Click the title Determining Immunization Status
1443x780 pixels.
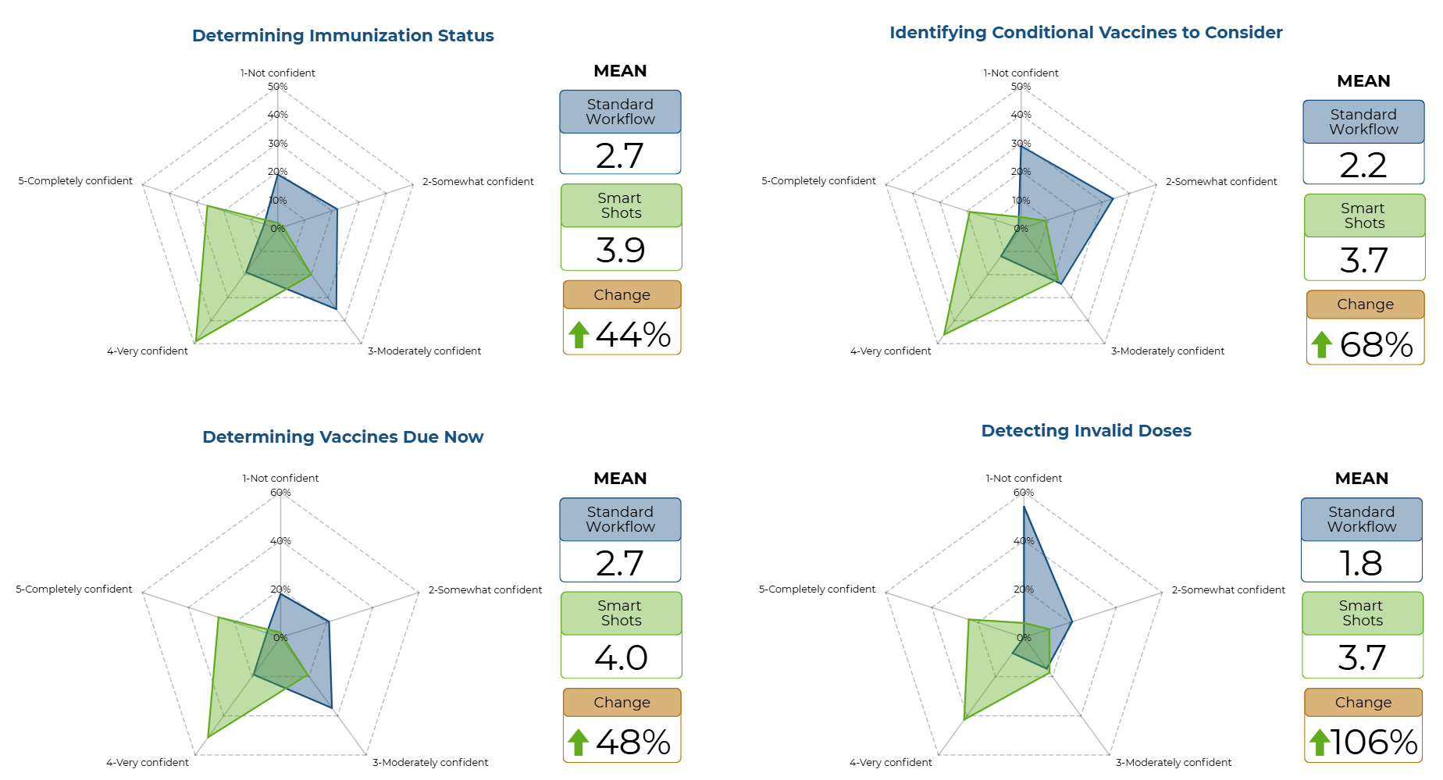click(343, 36)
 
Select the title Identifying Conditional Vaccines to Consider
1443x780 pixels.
click(1085, 33)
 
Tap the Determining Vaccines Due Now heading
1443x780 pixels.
click(343, 437)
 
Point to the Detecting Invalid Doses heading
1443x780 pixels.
click(1086, 431)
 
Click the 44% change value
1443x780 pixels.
click(633, 335)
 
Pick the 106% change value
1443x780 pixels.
click(1374, 743)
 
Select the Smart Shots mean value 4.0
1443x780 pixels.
click(621, 657)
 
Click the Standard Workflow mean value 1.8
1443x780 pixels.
click(1361, 563)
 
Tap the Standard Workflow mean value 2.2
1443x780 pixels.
click(1363, 165)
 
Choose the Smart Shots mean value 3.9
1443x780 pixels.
click(621, 250)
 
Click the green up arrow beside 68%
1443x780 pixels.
click(1321, 344)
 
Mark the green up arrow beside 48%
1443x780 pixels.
click(578, 743)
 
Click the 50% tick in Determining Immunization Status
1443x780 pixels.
click(278, 87)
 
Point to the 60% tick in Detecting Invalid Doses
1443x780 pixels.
click(1024, 493)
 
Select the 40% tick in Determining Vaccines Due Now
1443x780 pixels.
click(280, 541)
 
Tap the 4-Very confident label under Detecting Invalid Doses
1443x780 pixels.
click(890, 763)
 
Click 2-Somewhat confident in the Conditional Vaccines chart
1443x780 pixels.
click(1221, 182)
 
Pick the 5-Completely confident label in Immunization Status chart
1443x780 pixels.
click(76, 181)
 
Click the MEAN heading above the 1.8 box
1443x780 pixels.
click(1361, 479)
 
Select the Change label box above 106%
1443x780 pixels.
click(1363, 703)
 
